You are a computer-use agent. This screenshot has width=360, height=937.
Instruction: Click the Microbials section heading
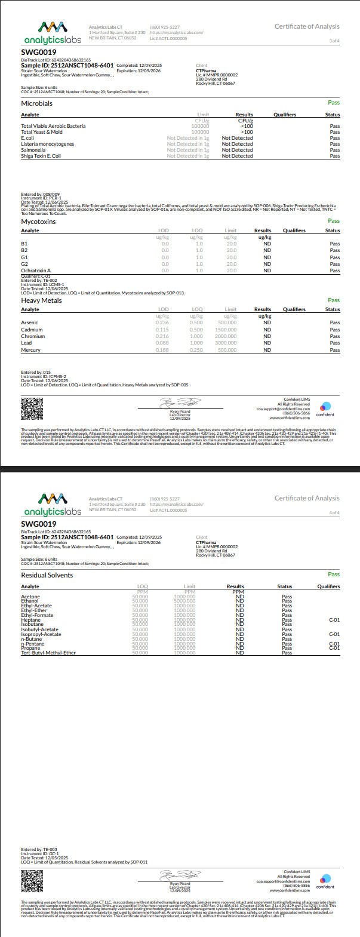36,103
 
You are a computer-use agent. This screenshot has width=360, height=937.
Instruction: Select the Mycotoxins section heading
38,221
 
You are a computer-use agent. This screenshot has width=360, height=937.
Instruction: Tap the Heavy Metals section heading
41,300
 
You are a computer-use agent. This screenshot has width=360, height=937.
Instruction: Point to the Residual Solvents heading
47,575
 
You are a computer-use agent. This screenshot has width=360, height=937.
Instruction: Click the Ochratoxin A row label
36,271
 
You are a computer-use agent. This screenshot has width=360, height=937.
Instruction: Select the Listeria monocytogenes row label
48,144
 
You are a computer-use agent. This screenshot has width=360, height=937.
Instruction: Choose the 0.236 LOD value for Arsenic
162,322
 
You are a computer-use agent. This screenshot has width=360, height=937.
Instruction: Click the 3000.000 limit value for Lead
226,343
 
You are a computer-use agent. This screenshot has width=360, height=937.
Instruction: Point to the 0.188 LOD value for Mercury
162,350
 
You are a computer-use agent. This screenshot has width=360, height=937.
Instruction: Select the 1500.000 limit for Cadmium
226,330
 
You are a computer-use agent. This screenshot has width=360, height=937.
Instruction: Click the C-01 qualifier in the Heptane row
334,620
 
